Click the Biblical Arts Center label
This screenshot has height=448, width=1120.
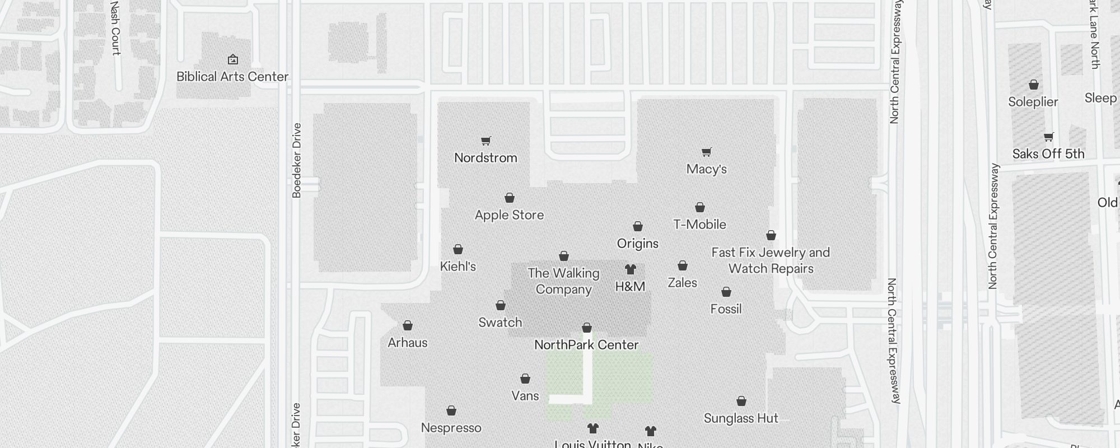click(232, 77)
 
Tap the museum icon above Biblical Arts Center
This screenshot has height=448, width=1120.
click(233, 59)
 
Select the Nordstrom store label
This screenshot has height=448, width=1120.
click(486, 158)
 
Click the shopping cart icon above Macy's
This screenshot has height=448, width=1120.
click(707, 152)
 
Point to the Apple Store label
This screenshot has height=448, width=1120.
click(509, 215)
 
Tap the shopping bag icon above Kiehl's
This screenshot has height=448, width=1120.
click(458, 249)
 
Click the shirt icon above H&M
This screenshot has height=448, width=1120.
click(631, 269)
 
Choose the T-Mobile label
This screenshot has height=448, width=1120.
click(699, 225)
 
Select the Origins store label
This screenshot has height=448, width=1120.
click(637, 244)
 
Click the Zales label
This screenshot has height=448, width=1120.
click(682, 283)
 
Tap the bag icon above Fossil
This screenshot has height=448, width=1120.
click(726, 292)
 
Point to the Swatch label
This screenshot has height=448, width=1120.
click(500, 323)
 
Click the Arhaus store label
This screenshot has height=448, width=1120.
click(408, 343)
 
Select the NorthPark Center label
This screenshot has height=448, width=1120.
click(586, 345)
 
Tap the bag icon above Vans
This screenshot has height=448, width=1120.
click(525, 379)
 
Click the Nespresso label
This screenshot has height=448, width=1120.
click(451, 428)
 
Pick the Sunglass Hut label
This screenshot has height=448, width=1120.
click(741, 418)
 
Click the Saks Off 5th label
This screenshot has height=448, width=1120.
click(1048, 154)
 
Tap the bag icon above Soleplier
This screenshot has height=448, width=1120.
click(1034, 85)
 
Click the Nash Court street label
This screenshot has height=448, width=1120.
click(115, 28)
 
